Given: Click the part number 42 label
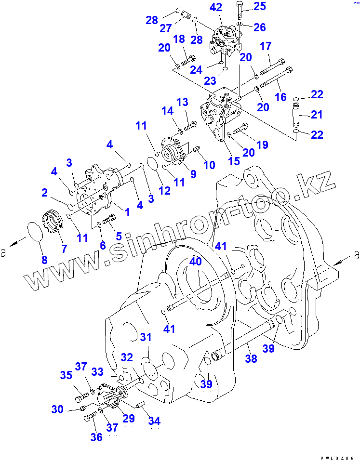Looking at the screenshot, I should click(216, 7).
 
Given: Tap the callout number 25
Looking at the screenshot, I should click(260, 6).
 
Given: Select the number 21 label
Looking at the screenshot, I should click(317, 115).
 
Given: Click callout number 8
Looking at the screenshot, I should click(44, 260).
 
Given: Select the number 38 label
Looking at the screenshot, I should click(251, 358).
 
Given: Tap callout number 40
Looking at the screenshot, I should click(195, 262).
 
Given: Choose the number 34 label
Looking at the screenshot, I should click(155, 421).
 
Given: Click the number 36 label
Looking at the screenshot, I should click(96, 437).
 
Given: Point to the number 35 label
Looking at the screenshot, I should click(66, 375).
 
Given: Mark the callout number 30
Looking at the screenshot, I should click(57, 409).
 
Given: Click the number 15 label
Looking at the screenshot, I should click(234, 161).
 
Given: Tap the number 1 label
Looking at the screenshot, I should click(128, 211).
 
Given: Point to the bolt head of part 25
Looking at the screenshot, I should click(240, 6).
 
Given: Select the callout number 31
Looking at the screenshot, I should click(146, 337).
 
